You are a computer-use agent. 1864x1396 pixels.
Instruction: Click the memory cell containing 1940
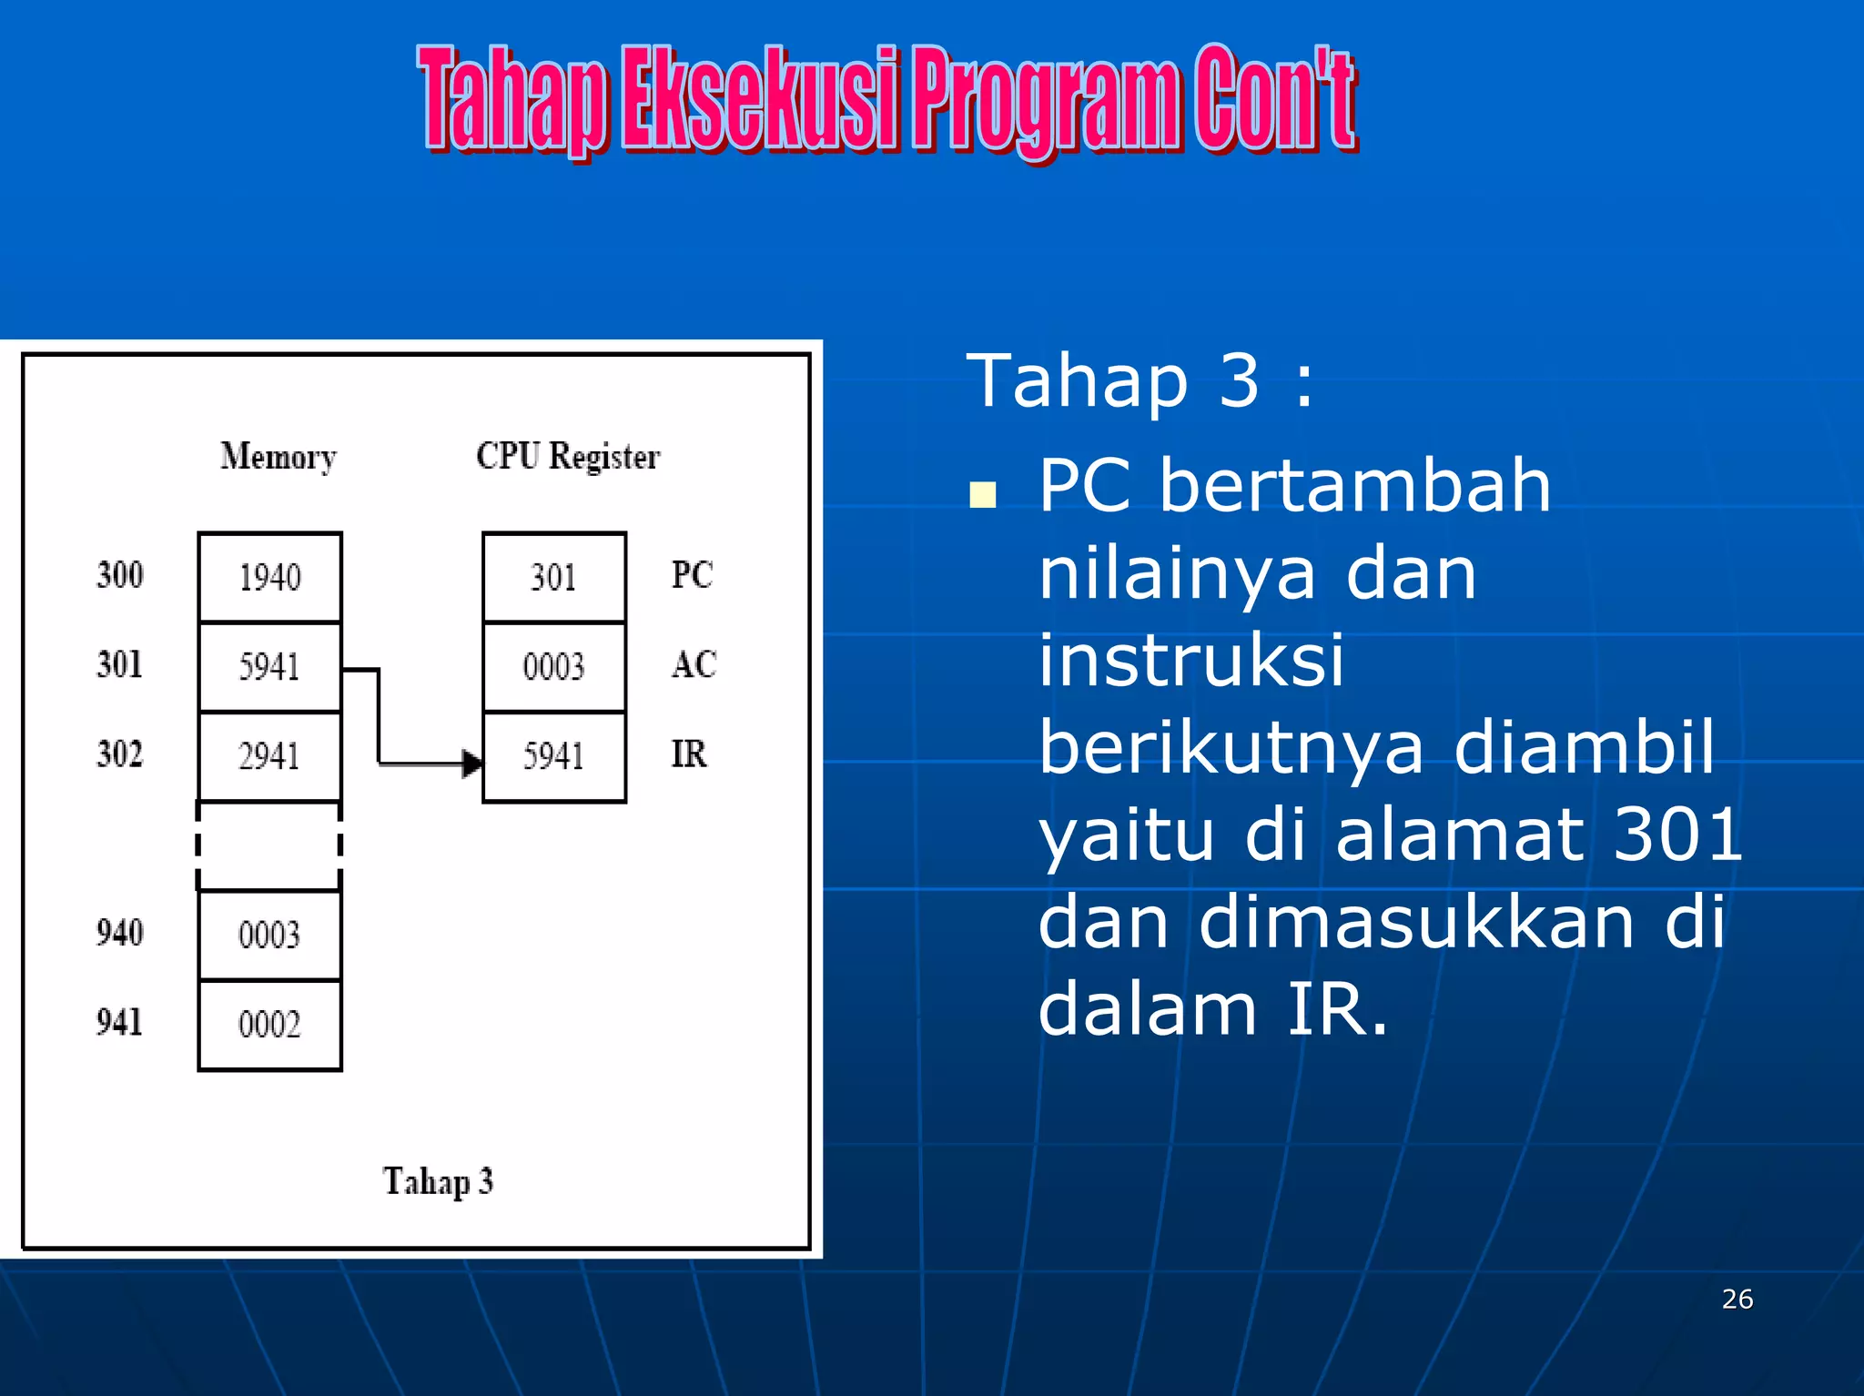269,577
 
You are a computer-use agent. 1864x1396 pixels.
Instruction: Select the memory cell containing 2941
269,755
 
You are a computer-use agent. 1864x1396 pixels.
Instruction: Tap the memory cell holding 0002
269,1025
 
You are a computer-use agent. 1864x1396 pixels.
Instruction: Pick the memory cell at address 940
269,935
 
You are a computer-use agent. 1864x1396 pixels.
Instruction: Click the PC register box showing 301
553,577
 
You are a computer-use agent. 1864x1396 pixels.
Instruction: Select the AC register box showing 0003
553,666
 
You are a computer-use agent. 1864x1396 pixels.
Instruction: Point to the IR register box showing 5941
553,755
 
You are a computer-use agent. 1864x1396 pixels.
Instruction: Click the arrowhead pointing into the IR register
472,763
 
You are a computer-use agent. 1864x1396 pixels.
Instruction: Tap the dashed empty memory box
269,845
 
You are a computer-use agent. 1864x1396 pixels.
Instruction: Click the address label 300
119,575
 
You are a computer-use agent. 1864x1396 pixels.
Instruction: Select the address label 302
119,754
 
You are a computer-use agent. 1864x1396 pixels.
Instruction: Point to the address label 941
119,1022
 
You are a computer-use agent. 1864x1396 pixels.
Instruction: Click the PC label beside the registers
692,575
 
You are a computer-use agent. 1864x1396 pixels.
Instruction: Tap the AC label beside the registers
694,664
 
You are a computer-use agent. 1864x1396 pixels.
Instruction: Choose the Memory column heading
278,456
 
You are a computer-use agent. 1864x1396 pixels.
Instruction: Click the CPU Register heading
568,456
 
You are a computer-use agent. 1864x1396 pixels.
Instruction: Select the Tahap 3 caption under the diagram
438,1181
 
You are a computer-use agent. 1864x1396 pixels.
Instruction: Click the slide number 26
1737,1299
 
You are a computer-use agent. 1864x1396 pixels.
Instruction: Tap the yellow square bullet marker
983,494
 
